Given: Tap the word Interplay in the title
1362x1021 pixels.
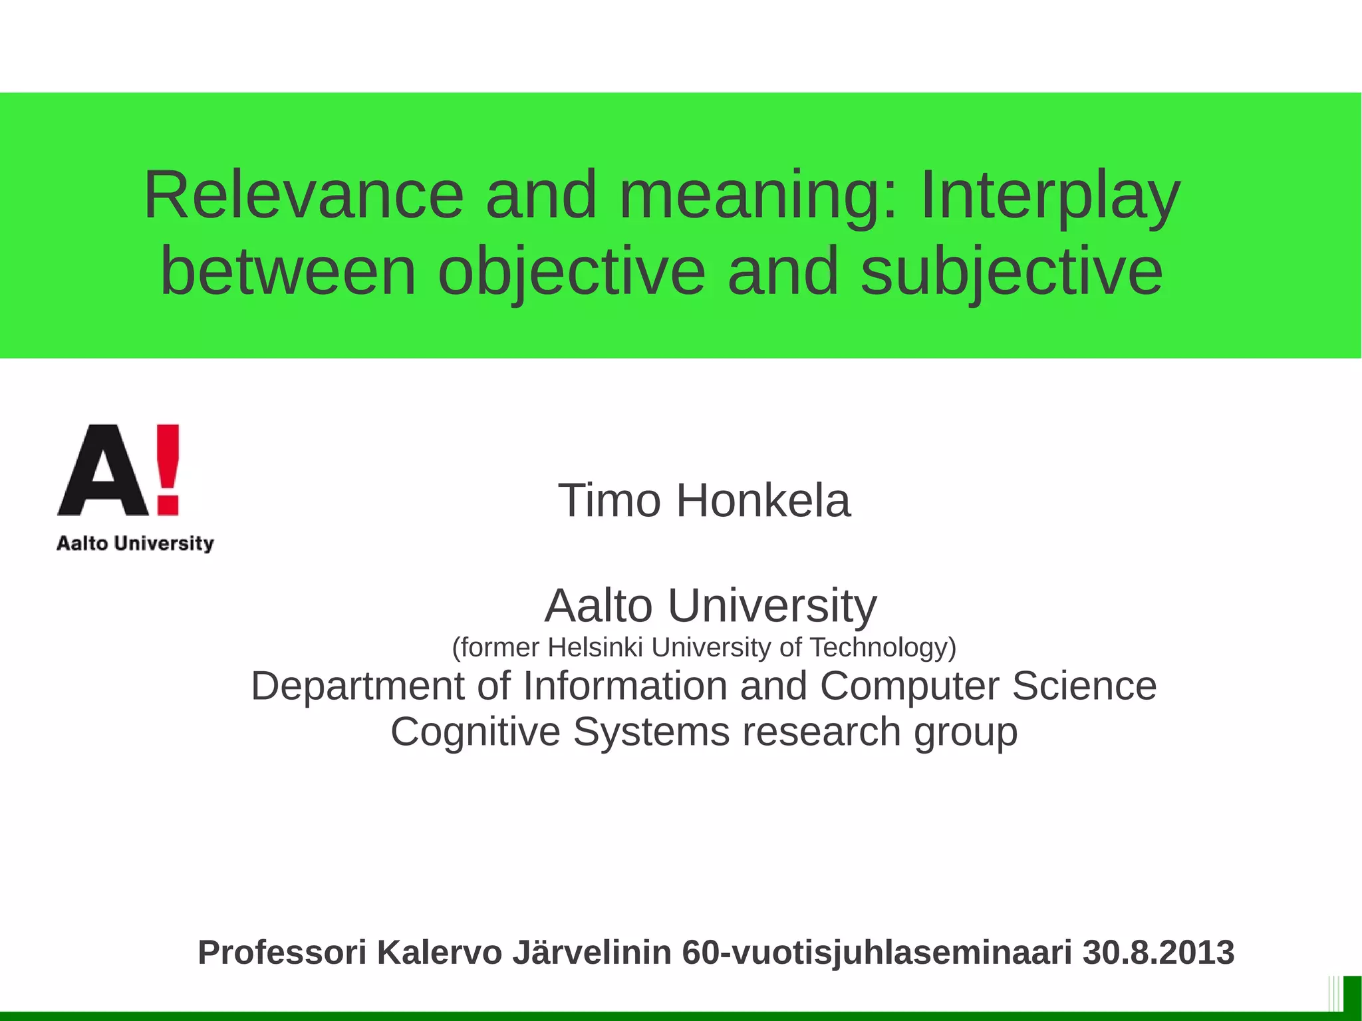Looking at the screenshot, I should (1050, 196).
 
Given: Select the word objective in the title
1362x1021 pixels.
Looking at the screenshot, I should (571, 271).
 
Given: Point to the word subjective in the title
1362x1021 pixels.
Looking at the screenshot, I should (1012, 271).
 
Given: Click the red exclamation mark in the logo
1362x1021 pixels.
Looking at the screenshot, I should (168, 469).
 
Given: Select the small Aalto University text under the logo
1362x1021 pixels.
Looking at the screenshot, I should (135, 543).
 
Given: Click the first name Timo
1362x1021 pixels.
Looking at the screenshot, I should (609, 500).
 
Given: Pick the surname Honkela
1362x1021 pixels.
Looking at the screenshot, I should (763, 500).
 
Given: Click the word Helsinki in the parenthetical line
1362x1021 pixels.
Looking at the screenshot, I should (595, 647).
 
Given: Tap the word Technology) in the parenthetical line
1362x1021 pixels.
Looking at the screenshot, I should (883, 647).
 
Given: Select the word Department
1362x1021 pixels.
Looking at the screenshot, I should (356, 686).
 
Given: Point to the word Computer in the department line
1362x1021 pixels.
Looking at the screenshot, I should (909, 686).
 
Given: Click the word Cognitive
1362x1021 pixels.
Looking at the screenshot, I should (475, 732).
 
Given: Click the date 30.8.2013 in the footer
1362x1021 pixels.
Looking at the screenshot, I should (1158, 952).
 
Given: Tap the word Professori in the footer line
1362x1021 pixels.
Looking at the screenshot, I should (282, 952).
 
